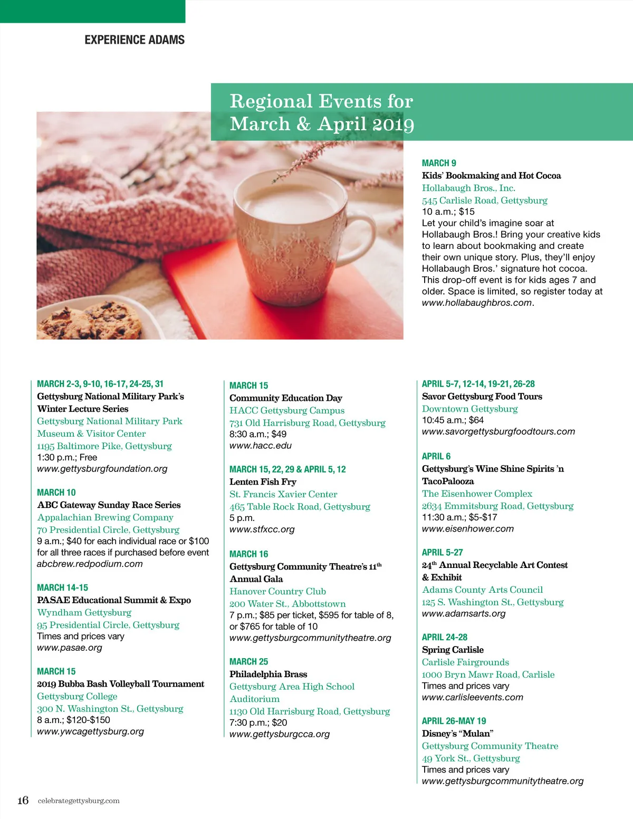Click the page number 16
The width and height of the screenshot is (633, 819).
click(23, 800)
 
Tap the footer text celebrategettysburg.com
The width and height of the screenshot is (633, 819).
click(79, 801)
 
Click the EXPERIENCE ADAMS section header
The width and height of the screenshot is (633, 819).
click(135, 40)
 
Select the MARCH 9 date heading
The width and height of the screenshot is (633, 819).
click(439, 163)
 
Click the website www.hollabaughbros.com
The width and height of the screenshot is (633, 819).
click(477, 303)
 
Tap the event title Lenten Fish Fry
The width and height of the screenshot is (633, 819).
click(263, 481)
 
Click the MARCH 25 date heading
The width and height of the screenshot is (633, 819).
click(248, 661)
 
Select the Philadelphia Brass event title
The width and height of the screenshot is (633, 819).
click(268, 674)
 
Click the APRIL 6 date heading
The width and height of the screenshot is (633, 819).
click(436, 456)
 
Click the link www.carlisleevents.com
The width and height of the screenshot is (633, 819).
click(473, 697)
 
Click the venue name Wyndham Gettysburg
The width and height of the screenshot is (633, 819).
click(84, 612)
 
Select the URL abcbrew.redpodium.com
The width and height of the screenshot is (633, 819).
click(90, 564)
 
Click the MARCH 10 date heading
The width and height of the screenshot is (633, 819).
click(56, 492)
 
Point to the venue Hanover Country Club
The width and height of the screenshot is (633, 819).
click(277, 591)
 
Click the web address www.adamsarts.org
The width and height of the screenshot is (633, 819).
click(464, 613)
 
